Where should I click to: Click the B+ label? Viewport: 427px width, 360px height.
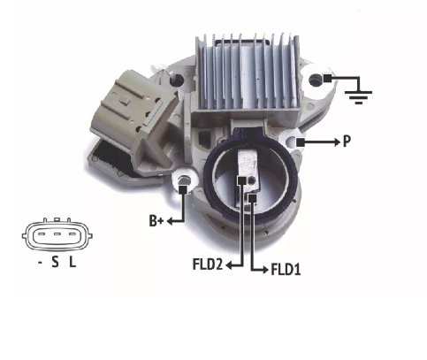(x=156, y=221)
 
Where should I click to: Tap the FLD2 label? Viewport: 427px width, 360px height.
(x=208, y=264)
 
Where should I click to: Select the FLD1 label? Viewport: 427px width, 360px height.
(x=286, y=270)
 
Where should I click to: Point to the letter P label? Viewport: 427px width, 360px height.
(x=347, y=142)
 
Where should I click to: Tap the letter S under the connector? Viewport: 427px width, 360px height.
(x=55, y=262)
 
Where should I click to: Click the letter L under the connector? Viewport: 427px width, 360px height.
(x=72, y=262)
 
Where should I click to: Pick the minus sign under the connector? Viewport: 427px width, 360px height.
(x=40, y=262)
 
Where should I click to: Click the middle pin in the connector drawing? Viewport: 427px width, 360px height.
(x=57, y=234)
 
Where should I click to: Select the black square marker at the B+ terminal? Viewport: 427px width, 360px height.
(x=183, y=189)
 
